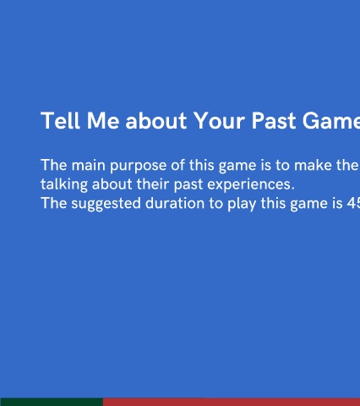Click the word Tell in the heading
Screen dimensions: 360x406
pos(60,120)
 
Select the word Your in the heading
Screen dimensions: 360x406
pos(219,120)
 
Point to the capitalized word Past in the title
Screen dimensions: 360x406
pos(274,120)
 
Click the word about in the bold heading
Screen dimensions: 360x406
pos(155,120)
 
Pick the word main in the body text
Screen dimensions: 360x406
pos(89,165)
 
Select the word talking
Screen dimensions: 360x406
pos(64,185)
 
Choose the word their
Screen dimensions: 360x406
pos(153,184)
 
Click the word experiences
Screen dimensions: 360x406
pos(251,185)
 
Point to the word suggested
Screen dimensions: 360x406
pos(106,204)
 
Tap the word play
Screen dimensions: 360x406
pos(242,204)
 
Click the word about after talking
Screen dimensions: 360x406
pos(112,184)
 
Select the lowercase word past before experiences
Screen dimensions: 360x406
pos(188,185)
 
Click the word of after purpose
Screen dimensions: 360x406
pos(177,165)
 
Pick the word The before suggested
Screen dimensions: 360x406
pos(54,204)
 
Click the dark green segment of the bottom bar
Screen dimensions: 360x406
pos(52,402)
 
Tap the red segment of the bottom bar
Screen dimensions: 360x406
pos(232,402)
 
